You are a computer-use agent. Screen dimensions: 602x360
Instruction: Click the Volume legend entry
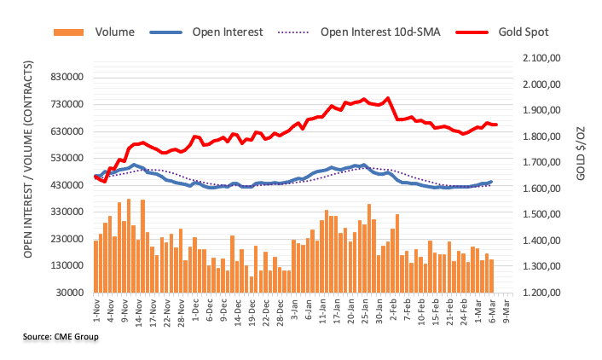94,32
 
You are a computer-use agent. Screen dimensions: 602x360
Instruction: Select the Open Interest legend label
228,32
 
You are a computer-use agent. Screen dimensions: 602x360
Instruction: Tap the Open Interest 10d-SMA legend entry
359,32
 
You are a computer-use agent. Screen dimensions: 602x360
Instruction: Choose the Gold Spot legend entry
502,32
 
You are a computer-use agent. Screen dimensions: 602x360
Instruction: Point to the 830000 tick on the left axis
67,78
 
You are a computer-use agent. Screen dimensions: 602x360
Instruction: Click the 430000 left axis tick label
67,185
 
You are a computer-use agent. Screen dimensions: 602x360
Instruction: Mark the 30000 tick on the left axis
70,293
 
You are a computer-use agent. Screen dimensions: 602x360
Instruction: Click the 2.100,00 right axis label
541,58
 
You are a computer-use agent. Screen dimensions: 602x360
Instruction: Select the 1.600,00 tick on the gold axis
541,189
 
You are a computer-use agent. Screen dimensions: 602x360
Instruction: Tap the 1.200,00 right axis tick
541,293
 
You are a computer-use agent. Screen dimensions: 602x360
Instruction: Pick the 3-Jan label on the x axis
294,309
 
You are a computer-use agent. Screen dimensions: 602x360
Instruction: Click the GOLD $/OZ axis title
581,154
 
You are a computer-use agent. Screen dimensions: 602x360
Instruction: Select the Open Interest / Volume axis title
28,159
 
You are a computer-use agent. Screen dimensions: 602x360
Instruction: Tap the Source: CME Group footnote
61,337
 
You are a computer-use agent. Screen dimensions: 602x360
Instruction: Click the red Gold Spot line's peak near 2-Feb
388,98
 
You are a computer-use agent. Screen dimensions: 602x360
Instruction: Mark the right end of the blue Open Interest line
492,182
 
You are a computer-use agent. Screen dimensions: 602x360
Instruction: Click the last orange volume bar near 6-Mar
491,276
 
